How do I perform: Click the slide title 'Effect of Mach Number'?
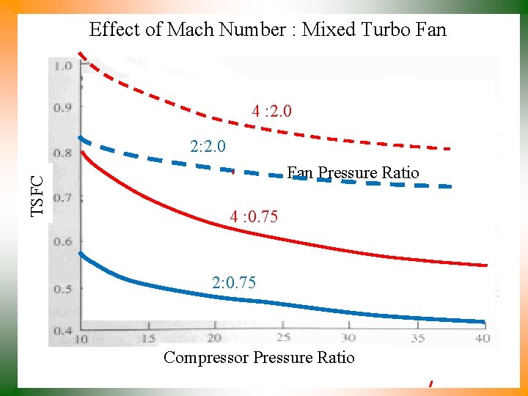[x=187, y=30]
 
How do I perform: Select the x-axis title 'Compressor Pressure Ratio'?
[x=259, y=358]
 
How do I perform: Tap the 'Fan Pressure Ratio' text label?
[x=353, y=173]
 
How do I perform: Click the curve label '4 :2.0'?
[x=271, y=111]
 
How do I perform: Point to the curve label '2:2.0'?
[x=208, y=147]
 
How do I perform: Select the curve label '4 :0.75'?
[x=253, y=217]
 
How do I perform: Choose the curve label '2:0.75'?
[x=234, y=282]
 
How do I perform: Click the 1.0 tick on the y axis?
[x=62, y=66]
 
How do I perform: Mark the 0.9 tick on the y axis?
[x=62, y=108]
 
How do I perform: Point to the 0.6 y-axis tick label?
[x=62, y=242]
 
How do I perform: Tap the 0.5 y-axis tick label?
[x=62, y=288]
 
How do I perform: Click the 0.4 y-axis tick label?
[x=62, y=331]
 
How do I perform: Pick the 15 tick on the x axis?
[x=149, y=338]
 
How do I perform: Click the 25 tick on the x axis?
[x=282, y=337]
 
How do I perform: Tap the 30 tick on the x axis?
[x=348, y=337]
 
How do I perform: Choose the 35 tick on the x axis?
[x=417, y=338]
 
